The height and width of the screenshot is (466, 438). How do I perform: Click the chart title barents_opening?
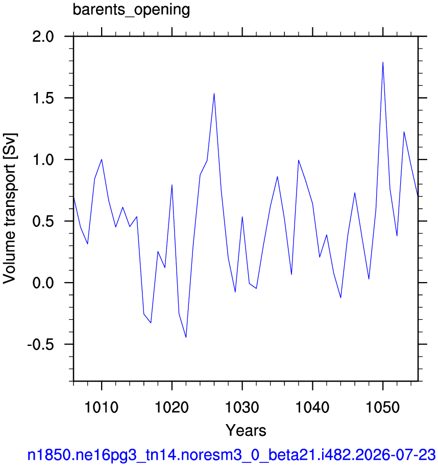tap(131, 10)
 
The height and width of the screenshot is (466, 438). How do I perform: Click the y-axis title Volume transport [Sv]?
tap(9, 208)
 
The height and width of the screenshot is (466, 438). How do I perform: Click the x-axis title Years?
tap(246, 430)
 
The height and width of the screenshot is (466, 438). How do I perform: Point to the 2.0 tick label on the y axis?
tap(43, 37)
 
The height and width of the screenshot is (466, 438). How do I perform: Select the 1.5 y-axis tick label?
tap(43, 98)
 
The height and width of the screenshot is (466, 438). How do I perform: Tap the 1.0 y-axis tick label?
tap(43, 160)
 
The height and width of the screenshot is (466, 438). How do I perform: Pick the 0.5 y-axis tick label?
tap(43, 221)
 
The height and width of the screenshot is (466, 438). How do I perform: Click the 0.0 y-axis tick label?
tap(43, 283)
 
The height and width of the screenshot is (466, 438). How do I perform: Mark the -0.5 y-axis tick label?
tap(41, 345)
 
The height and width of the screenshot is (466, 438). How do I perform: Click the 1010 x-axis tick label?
tap(102, 407)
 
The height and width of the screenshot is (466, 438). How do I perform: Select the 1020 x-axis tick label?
tap(172, 407)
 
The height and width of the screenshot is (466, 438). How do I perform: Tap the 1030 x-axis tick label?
tap(242, 407)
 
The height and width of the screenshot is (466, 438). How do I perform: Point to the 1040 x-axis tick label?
tap(312, 407)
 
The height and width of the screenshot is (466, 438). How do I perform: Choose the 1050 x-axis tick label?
tap(383, 407)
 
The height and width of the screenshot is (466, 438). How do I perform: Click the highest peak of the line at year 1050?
tap(383, 62)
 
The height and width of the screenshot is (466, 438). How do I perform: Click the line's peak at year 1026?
tap(214, 94)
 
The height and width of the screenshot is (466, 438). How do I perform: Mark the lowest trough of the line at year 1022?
tap(186, 337)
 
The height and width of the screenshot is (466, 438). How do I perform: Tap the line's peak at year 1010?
tap(102, 159)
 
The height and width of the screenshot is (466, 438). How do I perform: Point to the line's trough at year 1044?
tap(340, 298)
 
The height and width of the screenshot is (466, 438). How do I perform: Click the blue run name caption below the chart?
tap(232, 455)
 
